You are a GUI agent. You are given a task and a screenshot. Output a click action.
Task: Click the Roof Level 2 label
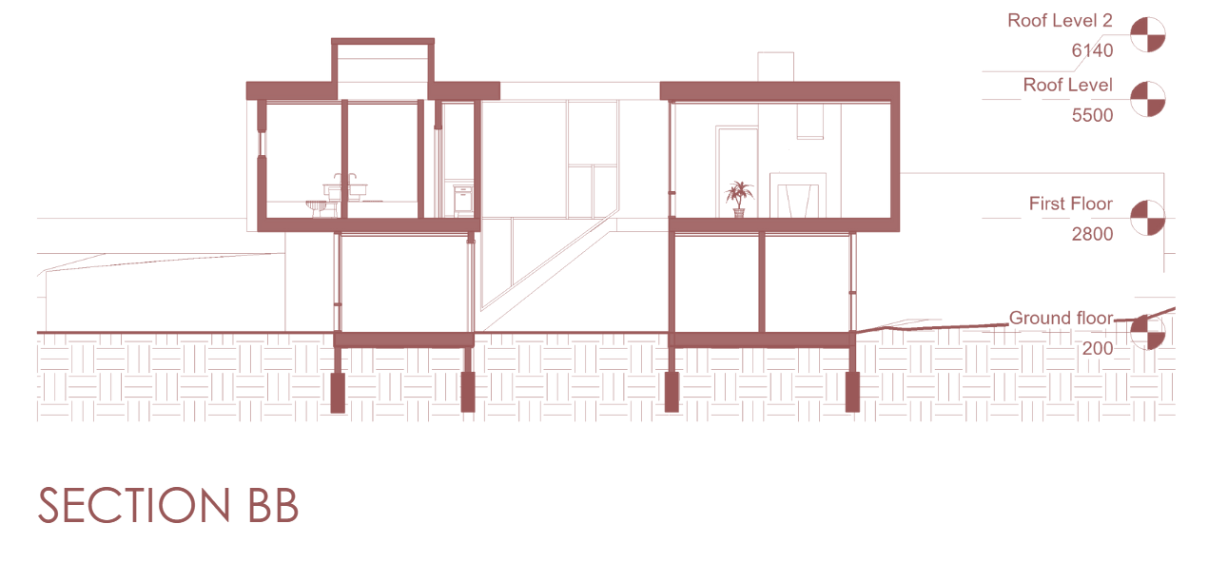1060,21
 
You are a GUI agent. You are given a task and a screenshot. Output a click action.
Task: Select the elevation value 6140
1092,51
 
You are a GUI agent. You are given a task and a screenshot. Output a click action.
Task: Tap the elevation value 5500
1092,114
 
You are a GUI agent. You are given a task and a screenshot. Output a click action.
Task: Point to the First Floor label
1070,204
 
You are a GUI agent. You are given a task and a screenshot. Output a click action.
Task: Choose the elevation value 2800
1092,234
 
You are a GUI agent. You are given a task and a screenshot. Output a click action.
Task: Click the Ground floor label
1061,319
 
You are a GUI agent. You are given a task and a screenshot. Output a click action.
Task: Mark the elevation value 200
1097,348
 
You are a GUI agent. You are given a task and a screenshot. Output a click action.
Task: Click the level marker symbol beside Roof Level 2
1148,35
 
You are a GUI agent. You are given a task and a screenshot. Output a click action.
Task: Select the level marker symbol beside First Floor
1148,218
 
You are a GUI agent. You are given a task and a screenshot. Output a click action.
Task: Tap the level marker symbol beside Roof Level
1148,99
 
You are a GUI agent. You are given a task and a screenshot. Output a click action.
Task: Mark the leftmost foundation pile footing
338,392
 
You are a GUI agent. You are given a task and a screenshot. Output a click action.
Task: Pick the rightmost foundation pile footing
852,392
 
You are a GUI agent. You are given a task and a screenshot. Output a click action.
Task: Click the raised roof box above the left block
382,62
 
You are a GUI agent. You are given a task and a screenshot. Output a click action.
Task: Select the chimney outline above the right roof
775,67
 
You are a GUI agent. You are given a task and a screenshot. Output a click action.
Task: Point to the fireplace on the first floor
796,196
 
